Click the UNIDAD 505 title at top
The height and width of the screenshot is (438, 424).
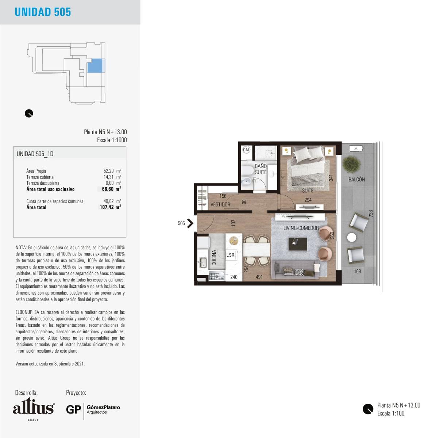click(43, 12)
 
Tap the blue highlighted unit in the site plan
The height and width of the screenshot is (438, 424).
click(95, 65)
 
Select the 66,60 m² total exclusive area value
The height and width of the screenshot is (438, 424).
click(111, 189)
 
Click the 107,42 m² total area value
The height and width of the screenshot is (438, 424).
click(110, 207)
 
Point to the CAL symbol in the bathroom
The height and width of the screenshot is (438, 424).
click(246, 150)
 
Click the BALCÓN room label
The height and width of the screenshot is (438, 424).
click(357, 179)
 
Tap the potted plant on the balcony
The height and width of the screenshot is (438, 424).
click(351, 164)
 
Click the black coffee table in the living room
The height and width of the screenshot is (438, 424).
click(297, 244)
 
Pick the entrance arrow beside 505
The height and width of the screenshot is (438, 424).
click(190, 223)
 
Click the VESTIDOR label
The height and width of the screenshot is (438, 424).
click(220, 204)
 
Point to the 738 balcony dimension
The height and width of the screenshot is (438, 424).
click(371, 214)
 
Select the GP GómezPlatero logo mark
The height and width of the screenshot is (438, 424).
click(93, 410)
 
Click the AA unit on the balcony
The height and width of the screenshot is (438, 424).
click(356, 149)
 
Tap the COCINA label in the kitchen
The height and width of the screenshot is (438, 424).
click(214, 257)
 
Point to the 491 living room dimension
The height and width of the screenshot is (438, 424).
click(259, 277)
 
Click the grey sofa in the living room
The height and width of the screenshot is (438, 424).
click(295, 270)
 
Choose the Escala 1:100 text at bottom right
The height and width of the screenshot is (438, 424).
click(391, 413)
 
